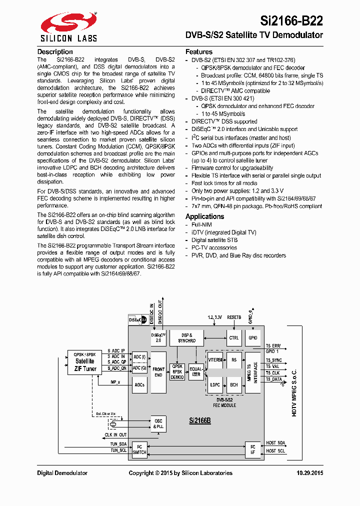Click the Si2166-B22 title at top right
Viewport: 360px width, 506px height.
coord(291,20)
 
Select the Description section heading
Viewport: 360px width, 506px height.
coord(55,52)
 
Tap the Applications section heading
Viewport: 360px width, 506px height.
coord(204,216)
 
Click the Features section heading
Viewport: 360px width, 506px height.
coord(199,52)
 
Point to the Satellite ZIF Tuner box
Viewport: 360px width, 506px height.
coord(85,362)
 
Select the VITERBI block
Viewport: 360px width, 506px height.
coord(215,359)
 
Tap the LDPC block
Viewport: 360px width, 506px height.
coord(215,385)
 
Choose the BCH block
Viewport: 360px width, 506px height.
coord(233,385)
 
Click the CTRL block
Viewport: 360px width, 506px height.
coord(233,338)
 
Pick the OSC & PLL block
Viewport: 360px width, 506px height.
coord(158,424)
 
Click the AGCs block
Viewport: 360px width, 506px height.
coord(139,385)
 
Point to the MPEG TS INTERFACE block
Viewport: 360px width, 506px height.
coord(253,372)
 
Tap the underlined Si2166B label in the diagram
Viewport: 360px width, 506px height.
coord(199,421)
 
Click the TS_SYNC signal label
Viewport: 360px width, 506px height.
coord(274,360)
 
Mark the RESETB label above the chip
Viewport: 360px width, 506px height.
coord(234,317)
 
